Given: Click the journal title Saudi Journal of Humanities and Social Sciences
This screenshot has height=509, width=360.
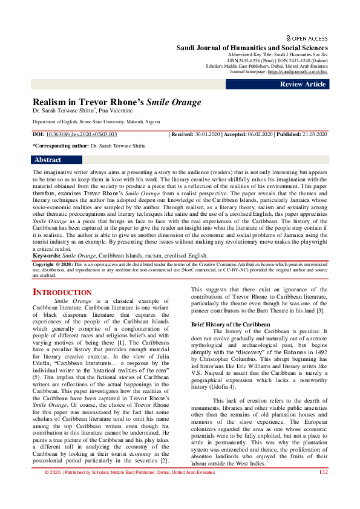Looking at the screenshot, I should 252,48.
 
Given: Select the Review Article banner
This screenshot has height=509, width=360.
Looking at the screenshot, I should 303,85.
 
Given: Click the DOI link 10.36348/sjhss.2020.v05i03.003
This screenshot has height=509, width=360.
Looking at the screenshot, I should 81,134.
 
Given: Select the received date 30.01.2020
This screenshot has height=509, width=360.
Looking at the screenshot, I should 210,134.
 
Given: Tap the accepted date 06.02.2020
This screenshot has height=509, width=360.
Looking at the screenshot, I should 258,134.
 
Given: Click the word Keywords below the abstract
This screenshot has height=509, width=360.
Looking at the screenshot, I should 46,256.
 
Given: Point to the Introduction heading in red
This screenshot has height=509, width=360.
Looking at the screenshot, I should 62,293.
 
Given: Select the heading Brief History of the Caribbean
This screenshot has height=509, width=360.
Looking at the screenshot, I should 226,325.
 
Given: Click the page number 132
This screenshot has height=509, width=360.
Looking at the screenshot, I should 323,489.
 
